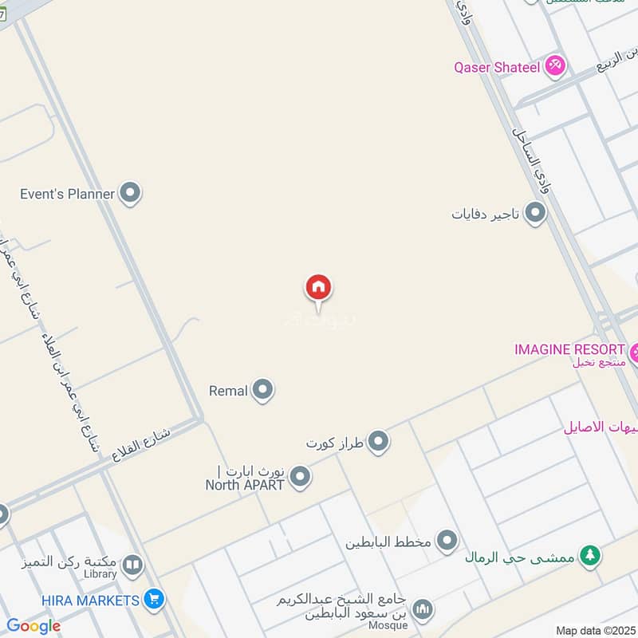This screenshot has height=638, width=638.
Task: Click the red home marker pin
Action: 318,288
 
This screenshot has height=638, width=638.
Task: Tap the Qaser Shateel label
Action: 497,67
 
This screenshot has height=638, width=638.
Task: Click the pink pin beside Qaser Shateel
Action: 556,66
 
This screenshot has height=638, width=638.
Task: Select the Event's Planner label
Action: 68,193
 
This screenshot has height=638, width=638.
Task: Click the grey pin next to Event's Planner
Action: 129,193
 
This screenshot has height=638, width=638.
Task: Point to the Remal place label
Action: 228,391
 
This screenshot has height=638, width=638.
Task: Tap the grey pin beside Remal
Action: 262,391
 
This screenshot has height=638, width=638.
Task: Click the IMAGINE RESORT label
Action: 569,349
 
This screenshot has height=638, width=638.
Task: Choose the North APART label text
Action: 245,483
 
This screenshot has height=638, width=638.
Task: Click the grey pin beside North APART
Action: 300,477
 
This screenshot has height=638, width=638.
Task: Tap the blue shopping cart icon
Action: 155,599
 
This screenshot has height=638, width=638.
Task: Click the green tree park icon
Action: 589,556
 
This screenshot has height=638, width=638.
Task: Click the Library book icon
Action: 132,566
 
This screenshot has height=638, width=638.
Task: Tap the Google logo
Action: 33,626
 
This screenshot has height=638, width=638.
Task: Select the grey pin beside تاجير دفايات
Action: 535,214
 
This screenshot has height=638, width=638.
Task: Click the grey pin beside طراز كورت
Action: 378,441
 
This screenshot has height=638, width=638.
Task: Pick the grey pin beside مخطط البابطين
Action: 447,542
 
